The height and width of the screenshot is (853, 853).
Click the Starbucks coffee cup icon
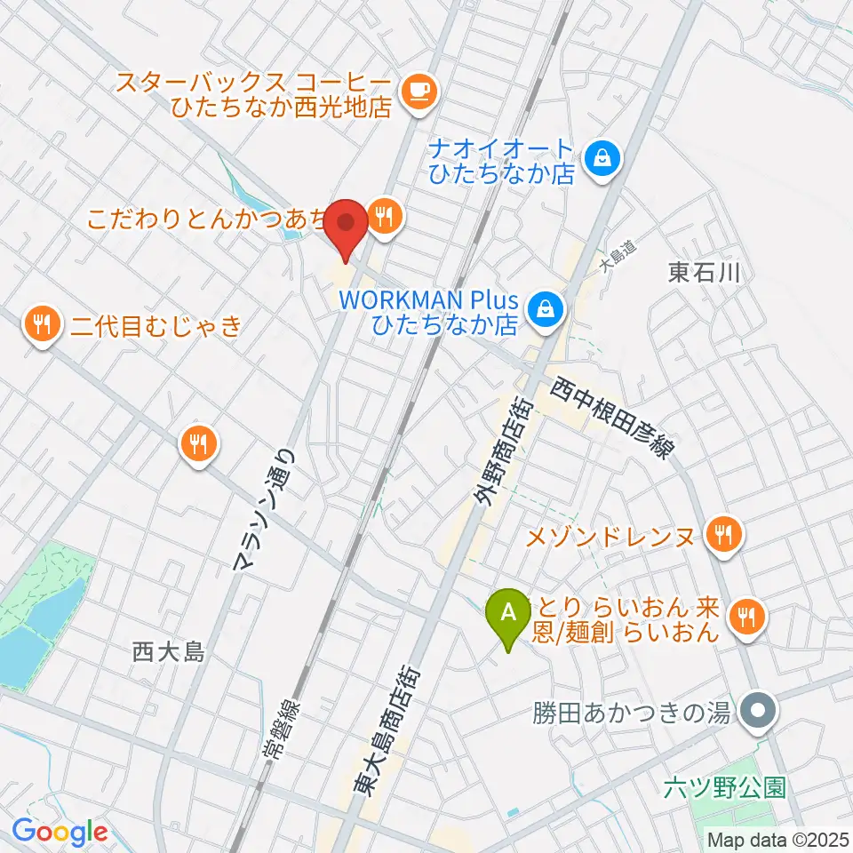click(419, 91)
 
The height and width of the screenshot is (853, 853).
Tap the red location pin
click(345, 225)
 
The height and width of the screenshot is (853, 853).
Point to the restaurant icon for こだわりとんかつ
click(385, 214)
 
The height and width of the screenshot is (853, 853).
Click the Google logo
click(60, 831)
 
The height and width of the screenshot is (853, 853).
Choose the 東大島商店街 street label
click(390, 732)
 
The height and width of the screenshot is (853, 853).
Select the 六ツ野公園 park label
click(726, 787)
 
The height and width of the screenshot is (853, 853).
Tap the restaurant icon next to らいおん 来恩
click(747, 618)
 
